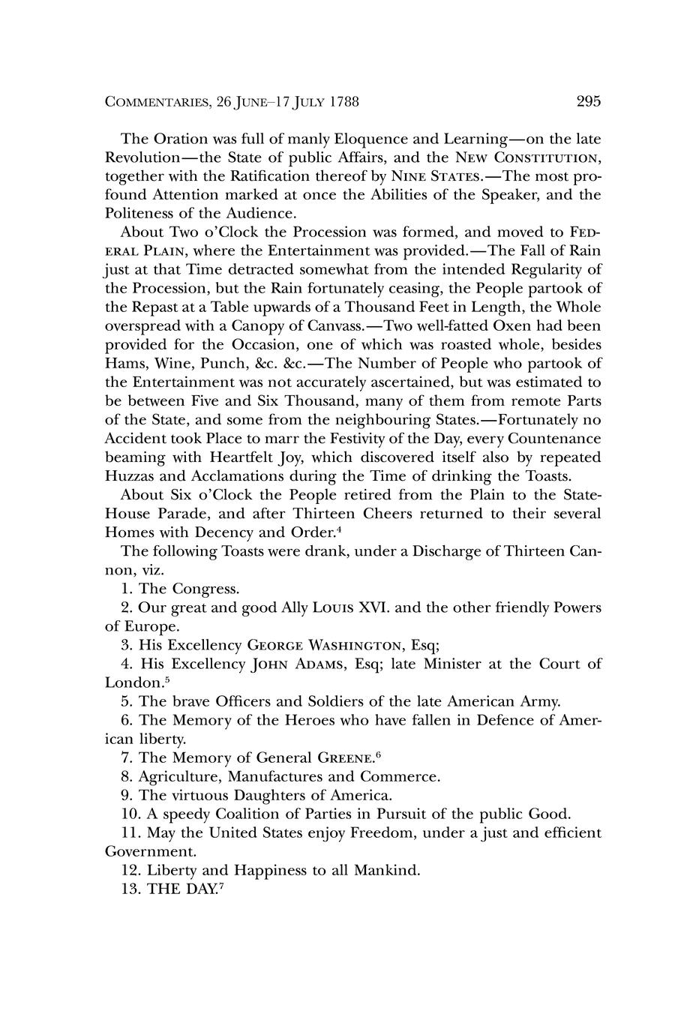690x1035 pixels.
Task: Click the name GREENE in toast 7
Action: tap(343, 757)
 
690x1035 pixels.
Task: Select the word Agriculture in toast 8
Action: tap(179, 776)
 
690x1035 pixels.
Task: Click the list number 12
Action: tap(130, 871)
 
